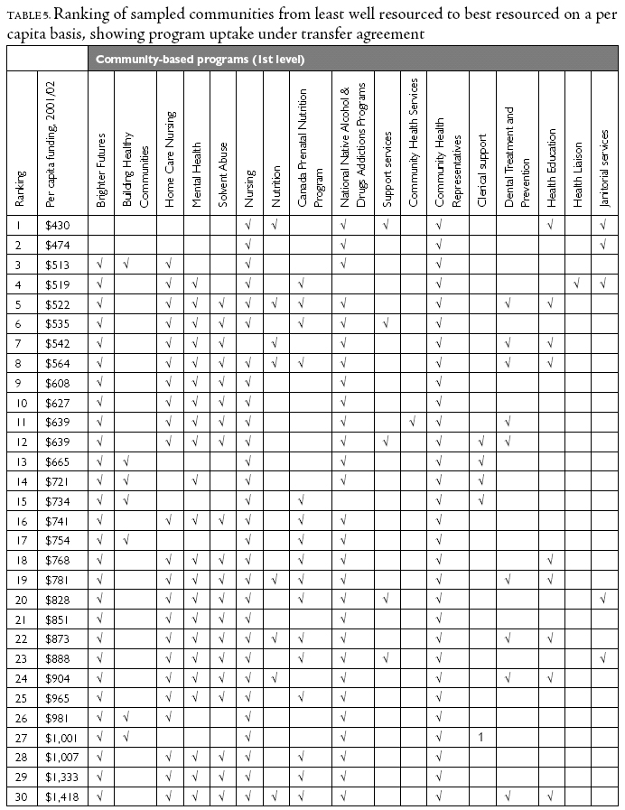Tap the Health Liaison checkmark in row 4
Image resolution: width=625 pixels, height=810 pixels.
pyautogui.click(x=575, y=284)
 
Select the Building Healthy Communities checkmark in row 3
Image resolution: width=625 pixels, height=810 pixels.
pyautogui.click(x=127, y=264)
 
